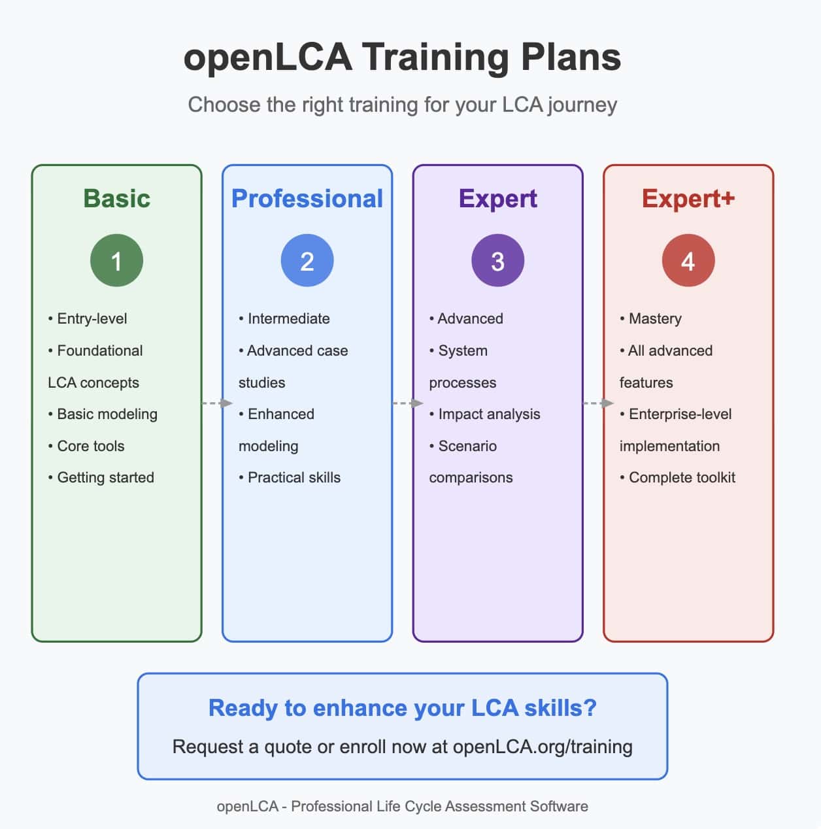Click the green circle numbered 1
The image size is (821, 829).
tap(116, 260)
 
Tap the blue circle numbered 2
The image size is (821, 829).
tap(307, 260)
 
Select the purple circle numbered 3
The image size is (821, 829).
tap(497, 260)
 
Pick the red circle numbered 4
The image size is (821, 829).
tap(688, 260)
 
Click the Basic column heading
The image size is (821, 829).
tap(116, 199)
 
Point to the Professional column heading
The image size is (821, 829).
tap(307, 199)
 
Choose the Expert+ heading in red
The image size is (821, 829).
tap(688, 199)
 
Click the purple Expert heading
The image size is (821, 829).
tap(497, 199)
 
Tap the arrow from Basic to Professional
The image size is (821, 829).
tap(218, 403)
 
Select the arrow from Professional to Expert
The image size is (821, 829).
tap(408, 403)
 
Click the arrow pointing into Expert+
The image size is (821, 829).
tap(598, 403)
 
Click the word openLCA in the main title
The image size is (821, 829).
tap(267, 57)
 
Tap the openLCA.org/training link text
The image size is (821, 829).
tap(542, 747)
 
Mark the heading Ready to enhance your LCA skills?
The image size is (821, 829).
tap(402, 708)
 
